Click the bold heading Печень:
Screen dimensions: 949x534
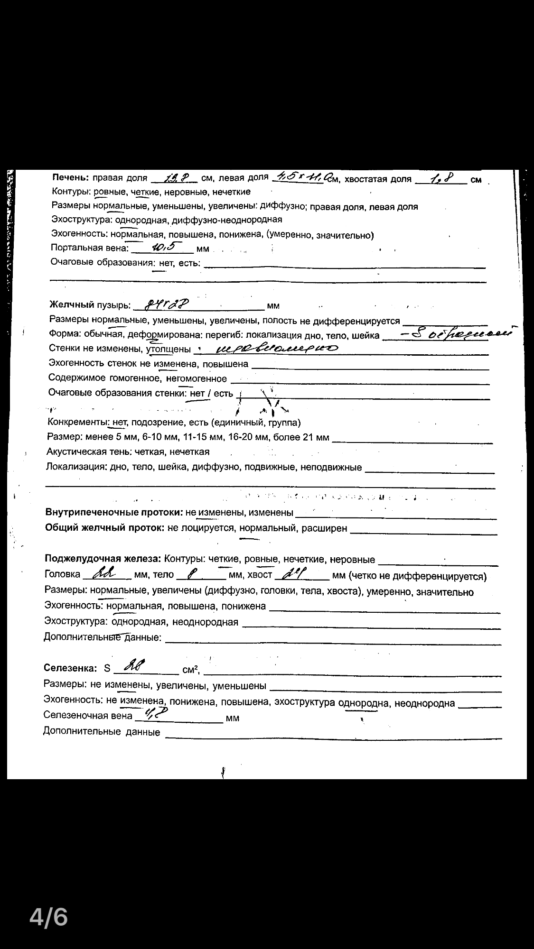70,178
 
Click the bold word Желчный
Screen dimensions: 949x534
72,305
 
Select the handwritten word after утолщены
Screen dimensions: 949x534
270,350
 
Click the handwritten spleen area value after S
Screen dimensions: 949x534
134,666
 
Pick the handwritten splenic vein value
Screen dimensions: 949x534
153,714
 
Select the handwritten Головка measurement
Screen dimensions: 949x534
104,574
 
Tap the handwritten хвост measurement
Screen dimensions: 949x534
296,574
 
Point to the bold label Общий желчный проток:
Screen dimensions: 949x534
104,528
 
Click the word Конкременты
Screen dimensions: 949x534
77,423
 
